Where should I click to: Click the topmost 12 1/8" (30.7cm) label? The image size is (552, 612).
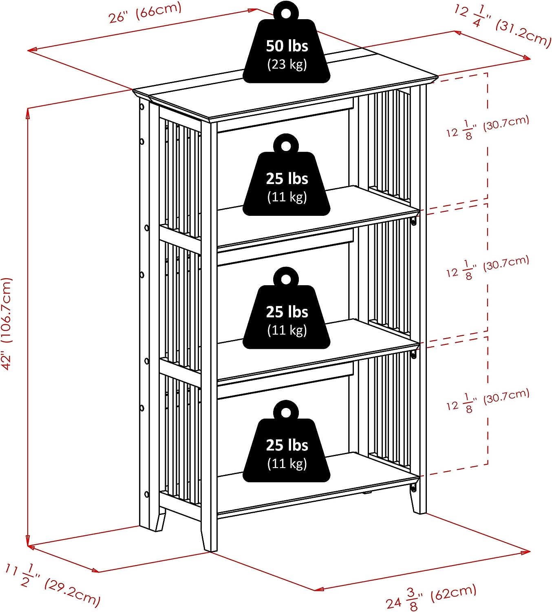(x=487, y=127)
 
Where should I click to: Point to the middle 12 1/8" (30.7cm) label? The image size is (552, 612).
(x=487, y=268)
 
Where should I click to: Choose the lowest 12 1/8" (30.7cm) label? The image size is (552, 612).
(x=487, y=401)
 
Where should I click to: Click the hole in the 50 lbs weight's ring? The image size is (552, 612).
(x=286, y=13)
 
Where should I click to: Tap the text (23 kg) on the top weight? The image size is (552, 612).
(x=287, y=64)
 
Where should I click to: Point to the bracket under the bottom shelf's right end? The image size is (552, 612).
(x=413, y=488)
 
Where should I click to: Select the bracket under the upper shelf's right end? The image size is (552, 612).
(x=414, y=222)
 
